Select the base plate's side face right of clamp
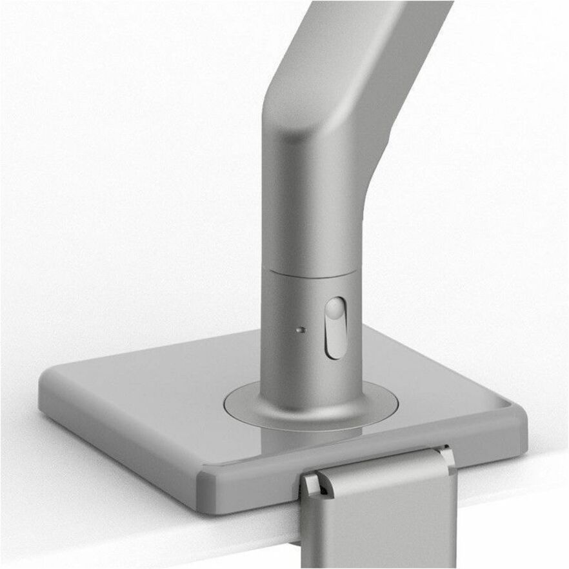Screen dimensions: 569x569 tap(490, 445)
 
